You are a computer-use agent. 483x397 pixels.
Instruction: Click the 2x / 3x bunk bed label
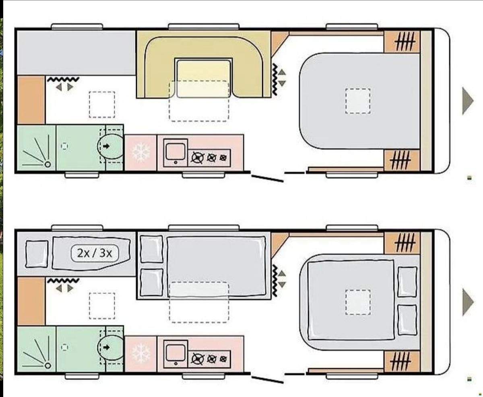[95, 253]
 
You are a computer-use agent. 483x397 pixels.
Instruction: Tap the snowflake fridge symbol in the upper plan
[141, 152]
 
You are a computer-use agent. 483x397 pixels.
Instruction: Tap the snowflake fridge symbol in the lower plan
[141, 353]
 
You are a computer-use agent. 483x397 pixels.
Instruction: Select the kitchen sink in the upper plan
[175, 152]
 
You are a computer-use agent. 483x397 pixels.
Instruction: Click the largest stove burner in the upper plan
[198, 158]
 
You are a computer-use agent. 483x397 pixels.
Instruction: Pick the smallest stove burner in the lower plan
[223, 359]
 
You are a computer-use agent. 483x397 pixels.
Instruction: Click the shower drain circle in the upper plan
[47, 164]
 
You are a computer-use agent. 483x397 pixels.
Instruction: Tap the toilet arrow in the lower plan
[106, 347]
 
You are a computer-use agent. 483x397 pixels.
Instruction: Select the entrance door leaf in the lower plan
[267, 380]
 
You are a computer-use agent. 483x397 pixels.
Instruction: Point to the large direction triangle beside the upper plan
[467, 101]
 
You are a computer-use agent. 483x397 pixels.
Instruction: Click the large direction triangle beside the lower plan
[467, 302]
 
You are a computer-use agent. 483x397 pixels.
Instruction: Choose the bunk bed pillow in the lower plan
[37, 254]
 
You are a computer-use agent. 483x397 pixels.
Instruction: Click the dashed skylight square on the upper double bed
[358, 101]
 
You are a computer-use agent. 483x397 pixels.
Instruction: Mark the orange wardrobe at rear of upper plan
[31, 100]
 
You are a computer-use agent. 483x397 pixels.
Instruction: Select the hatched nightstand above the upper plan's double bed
[402, 42]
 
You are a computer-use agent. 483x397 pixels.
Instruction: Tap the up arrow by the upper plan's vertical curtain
[282, 72]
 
